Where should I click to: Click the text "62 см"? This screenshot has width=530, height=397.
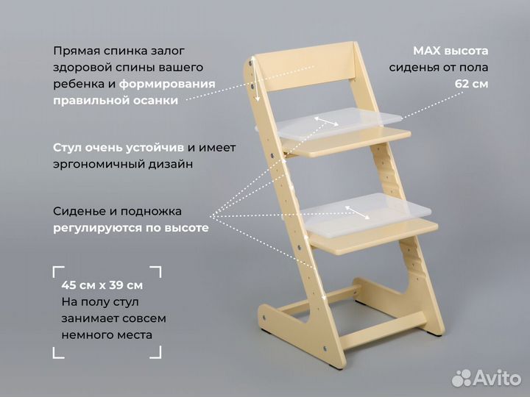tap(471, 84)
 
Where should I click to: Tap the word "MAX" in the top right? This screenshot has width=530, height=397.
tap(426, 51)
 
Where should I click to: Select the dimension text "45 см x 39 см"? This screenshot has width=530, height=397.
tap(102, 285)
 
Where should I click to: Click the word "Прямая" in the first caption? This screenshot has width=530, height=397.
tap(74, 51)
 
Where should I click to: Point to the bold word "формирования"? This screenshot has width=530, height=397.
tap(168, 84)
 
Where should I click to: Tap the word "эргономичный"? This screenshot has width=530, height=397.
tap(92, 164)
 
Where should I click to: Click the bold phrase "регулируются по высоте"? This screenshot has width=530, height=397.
tap(130, 228)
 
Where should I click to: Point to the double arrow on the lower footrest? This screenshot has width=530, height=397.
tap(358, 212)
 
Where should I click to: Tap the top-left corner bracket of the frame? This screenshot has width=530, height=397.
tap(59, 271)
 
